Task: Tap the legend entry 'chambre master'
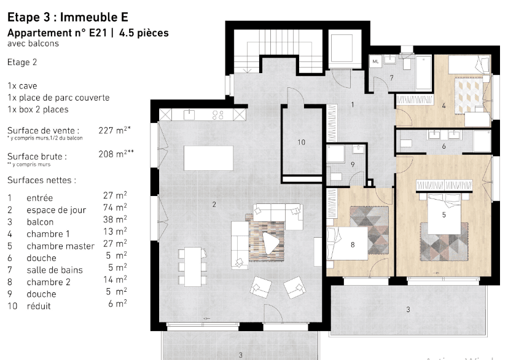[x=60, y=246]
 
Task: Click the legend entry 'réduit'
[x=39, y=306]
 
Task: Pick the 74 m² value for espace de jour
[x=115, y=208]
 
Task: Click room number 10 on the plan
[x=301, y=142]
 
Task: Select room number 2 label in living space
[x=214, y=205]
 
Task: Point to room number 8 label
[x=353, y=245]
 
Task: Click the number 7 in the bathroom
[x=391, y=77]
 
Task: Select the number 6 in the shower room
[x=444, y=146]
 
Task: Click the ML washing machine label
[x=376, y=61]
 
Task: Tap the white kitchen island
[x=208, y=160]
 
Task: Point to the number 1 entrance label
[x=352, y=105]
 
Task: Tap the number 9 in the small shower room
[x=352, y=164]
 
